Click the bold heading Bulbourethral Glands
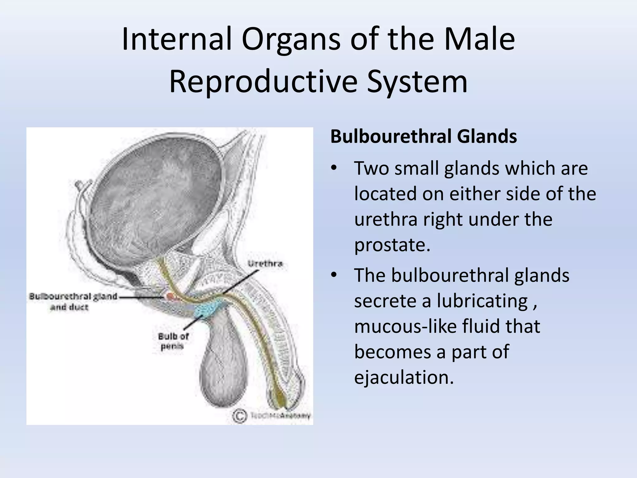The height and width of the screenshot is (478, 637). click(423, 137)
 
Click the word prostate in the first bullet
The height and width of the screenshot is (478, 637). click(392, 245)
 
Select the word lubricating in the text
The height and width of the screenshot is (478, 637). click(482, 301)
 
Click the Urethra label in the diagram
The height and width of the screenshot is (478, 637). click(265, 264)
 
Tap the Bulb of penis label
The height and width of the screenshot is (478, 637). click(173, 341)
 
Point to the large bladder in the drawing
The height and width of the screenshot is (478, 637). click(156, 190)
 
